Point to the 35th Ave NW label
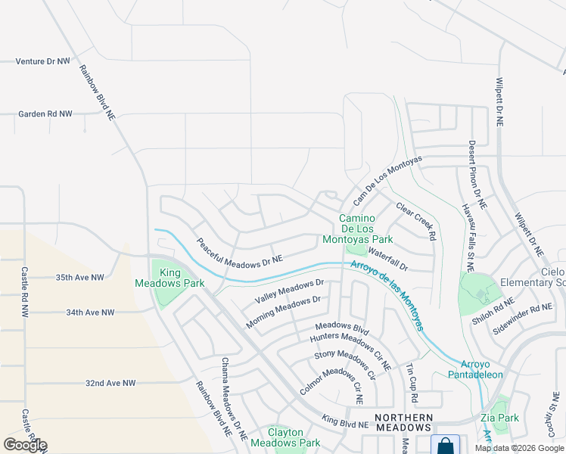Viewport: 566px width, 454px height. (x=79, y=278)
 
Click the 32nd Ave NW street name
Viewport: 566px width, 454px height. (x=110, y=384)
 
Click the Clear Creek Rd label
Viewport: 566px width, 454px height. (x=416, y=222)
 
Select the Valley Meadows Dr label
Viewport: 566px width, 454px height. (x=289, y=292)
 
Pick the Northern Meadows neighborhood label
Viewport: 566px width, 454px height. (x=404, y=422)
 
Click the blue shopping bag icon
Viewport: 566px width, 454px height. (x=445, y=445)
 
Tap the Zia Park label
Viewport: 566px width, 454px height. (x=499, y=418)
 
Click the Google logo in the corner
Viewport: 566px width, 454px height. (x=25, y=445)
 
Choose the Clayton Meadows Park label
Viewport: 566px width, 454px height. (x=285, y=437)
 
